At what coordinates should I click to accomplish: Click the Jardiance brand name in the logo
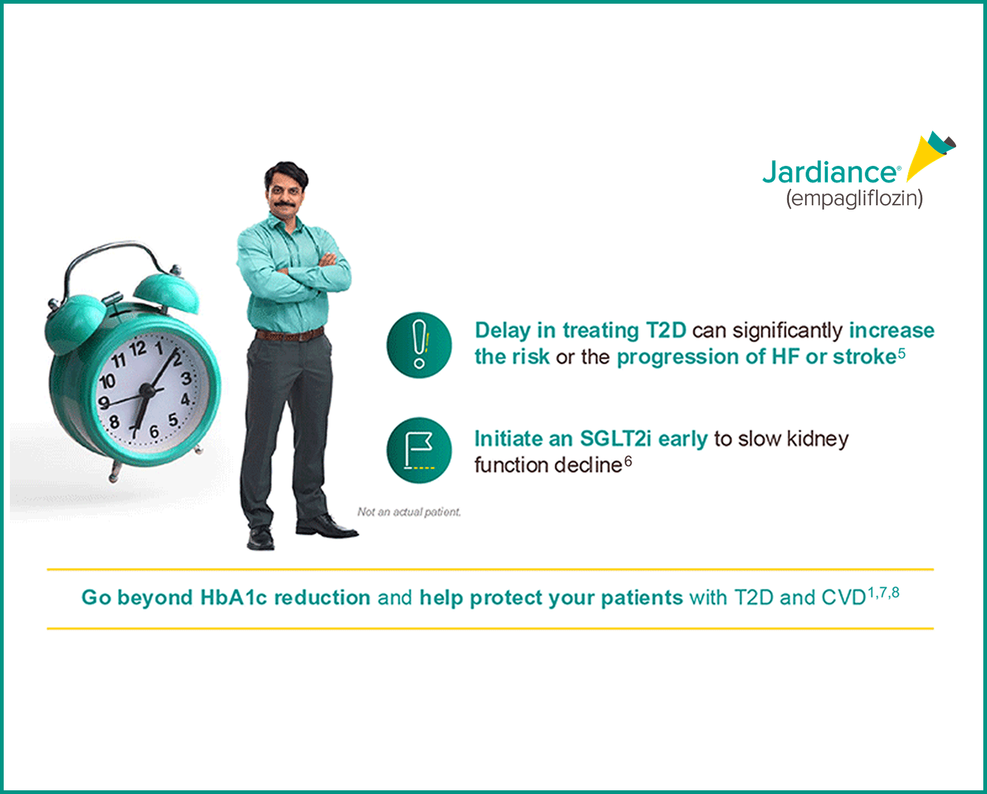tap(830, 172)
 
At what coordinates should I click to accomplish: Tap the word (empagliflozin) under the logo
tap(854, 198)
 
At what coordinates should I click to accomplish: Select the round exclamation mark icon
tap(419, 345)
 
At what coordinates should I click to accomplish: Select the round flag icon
tap(419, 451)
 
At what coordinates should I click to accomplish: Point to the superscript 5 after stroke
tap(902, 353)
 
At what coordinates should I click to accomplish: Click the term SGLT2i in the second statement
tap(615, 438)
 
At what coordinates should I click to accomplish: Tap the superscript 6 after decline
tap(628, 461)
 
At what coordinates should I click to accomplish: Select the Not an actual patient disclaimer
tap(409, 512)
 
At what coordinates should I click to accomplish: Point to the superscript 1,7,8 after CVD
tap(883, 593)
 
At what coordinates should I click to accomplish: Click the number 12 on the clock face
tap(139, 348)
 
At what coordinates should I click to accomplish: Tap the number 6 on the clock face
tap(154, 432)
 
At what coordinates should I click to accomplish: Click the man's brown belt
tap(289, 335)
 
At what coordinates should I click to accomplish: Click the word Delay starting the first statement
tap(502, 330)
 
